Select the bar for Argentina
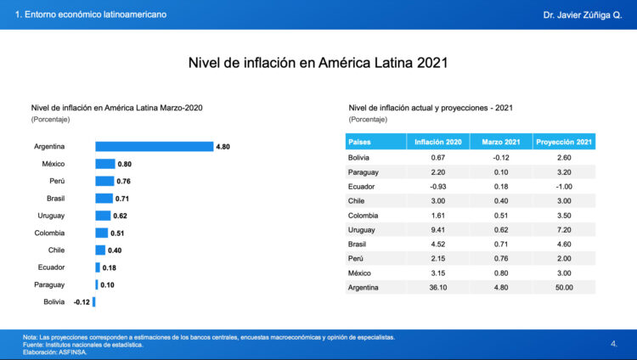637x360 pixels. (154, 146)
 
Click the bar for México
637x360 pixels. (105, 164)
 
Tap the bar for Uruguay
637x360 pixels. (103, 216)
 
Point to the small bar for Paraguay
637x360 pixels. (97, 284)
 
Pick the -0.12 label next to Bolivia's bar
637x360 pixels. (82, 301)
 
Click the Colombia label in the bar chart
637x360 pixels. (49, 233)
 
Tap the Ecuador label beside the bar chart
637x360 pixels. (50, 267)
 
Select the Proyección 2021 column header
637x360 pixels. (564, 142)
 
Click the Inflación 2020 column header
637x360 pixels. (438, 142)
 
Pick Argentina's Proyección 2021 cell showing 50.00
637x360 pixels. (564, 288)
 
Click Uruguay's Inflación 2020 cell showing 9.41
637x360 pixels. (438, 230)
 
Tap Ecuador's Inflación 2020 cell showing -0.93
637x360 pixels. (438, 187)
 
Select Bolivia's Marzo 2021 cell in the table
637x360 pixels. (501, 158)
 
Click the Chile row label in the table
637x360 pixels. (358, 201)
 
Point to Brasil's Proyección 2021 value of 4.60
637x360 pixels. (564, 245)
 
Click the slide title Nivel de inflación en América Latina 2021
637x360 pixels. (318, 62)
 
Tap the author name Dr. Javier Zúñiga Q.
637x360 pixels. (583, 15)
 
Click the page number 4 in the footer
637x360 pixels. (613, 343)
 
